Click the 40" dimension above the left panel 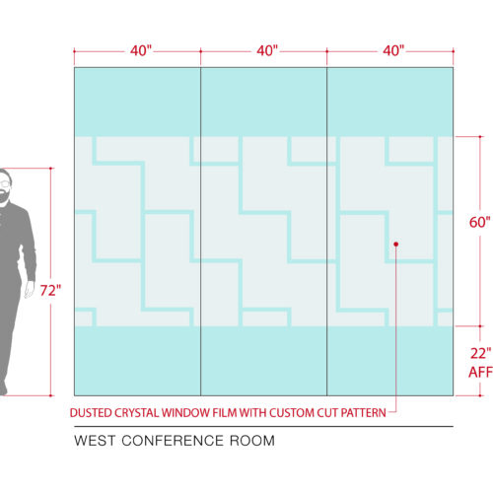141,50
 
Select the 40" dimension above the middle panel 267,50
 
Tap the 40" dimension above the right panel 393,50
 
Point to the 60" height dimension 480,222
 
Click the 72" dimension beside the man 50,291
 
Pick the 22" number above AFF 481,354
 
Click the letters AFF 480,372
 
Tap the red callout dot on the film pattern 396,245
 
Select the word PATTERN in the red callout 364,413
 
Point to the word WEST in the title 95,441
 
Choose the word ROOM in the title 252,441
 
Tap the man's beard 4,196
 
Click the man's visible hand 29,290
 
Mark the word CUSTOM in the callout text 292,413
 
